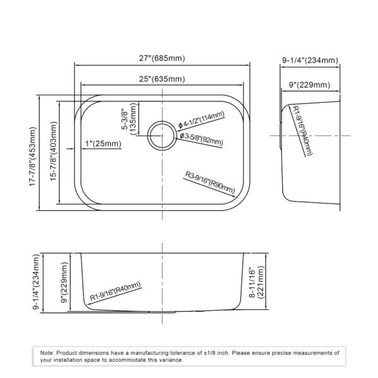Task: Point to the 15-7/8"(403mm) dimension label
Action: coord(55,155)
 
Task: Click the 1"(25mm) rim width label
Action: coord(102,144)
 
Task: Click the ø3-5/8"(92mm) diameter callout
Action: coord(200,139)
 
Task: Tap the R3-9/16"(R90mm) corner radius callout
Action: coord(210,182)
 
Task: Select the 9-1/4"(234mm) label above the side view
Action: coord(311,60)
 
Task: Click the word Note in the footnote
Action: coord(47,353)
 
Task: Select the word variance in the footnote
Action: coord(170,360)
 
